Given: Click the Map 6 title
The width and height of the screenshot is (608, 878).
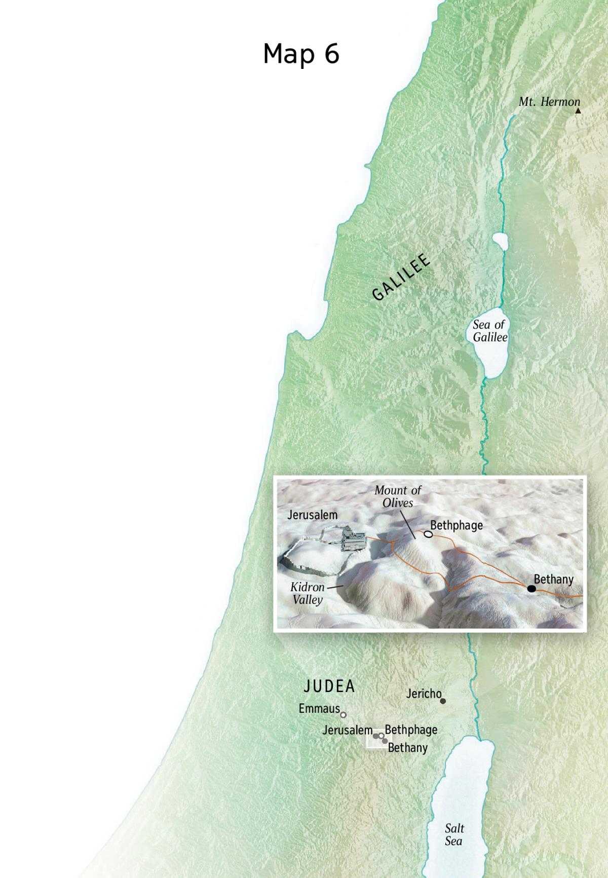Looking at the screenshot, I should coord(301,53).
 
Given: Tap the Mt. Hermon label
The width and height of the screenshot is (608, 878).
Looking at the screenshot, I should coord(549,102).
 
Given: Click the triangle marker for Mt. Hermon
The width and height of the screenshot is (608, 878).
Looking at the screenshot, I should coord(578,110).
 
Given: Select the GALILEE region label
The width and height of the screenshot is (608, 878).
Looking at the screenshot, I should coord(401,278).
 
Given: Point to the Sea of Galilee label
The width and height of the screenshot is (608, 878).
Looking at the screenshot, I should coord(489,331).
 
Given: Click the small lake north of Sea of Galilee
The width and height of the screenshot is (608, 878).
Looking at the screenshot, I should coord(500,241).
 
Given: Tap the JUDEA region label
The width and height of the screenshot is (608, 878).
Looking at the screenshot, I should coord(329,686).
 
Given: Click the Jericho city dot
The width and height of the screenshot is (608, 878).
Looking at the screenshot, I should coord(443,701).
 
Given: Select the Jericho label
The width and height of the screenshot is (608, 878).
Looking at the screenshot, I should coord(424,694).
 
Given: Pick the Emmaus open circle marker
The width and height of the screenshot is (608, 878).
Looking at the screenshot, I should coord(343,715).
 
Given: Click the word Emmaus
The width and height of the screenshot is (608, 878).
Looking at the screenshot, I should coord(319,708).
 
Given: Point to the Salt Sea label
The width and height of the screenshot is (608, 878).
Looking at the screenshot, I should coord(454,834).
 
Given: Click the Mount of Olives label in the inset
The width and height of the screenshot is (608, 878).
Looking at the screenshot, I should coord(398,497).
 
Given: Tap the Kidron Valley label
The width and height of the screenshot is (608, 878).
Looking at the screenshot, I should coord(307,593).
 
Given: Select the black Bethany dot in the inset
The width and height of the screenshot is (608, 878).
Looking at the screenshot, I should coord(531,588).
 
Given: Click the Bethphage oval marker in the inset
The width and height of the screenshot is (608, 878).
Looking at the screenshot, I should coord(428,534).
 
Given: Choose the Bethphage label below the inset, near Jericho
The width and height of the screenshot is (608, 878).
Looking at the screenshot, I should coord(411,730).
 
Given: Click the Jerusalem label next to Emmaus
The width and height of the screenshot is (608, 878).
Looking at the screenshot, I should coord(348,730).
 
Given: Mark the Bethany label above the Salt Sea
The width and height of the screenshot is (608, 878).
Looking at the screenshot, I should coord(408,747).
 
